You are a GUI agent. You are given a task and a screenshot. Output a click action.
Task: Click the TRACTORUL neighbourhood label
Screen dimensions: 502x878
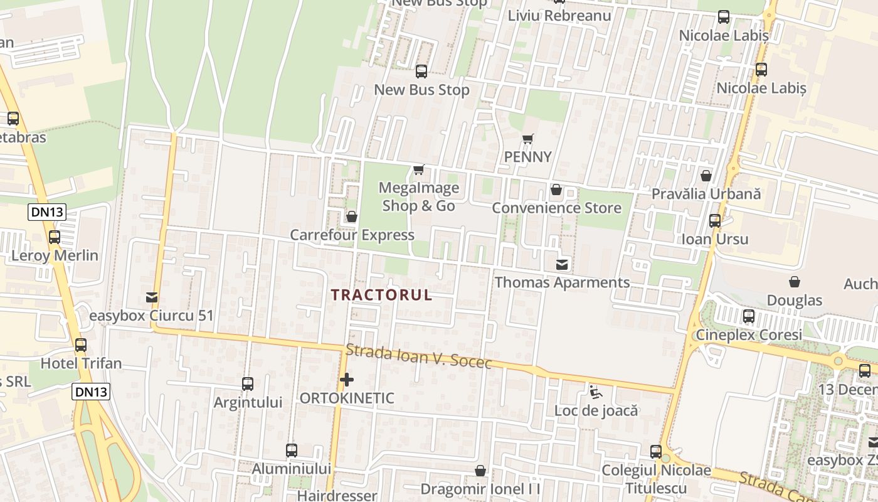(x=381, y=295)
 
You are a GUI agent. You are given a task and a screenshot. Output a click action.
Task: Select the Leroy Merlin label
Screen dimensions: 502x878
(x=55, y=255)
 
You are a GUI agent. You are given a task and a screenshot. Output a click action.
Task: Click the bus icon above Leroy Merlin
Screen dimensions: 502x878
(x=55, y=237)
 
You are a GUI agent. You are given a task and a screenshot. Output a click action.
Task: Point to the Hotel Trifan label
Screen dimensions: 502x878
(x=81, y=363)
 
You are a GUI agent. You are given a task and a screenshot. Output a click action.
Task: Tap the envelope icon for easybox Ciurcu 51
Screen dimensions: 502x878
(x=152, y=297)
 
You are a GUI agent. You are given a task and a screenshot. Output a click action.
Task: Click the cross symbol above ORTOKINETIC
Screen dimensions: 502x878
(x=346, y=380)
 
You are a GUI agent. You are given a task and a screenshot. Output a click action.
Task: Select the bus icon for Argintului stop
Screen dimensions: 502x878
(x=248, y=383)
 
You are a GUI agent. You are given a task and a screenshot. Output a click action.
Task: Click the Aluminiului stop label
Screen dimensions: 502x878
(x=291, y=469)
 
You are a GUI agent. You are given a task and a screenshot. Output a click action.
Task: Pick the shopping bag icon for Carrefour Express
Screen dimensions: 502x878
(x=352, y=216)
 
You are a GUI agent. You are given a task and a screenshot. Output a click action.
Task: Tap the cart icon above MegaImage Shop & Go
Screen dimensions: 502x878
(x=419, y=169)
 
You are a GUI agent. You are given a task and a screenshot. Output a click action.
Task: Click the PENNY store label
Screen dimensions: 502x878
(x=528, y=157)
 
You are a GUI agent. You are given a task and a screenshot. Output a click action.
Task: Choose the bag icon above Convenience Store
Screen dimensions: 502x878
(x=556, y=190)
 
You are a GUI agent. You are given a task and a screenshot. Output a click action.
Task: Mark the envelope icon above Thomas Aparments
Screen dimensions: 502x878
(x=562, y=265)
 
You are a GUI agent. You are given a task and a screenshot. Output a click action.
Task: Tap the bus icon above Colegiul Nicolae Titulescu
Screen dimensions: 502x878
(x=656, y=451)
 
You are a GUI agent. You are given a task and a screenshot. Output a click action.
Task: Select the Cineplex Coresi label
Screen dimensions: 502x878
(x=749, y=334)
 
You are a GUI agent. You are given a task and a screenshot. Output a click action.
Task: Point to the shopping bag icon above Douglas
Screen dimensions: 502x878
(x=795, y=282)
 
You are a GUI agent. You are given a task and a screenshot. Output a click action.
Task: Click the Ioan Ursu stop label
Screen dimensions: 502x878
(x=714, y=239)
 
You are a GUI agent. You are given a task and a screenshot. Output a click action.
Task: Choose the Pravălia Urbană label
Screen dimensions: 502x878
(x=706, y=194)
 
